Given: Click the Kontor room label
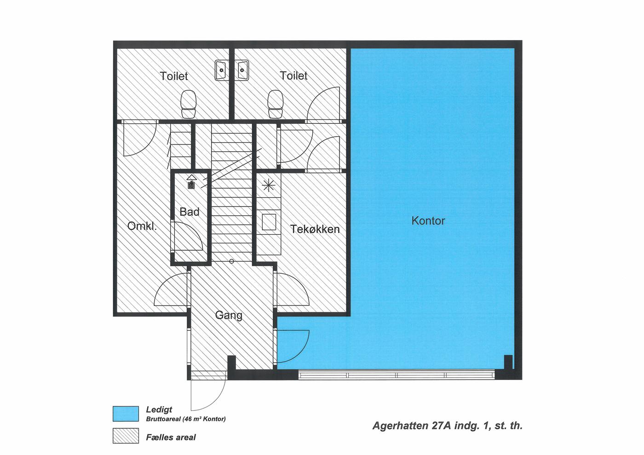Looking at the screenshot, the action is (x=428, y=220).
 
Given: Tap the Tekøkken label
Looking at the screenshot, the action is (x=315, y=229).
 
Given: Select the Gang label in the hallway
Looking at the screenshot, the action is (x=229, y=316).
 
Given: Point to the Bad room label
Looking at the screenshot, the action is (x=190, y=212).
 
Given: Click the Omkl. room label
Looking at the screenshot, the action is (x=142, y=226).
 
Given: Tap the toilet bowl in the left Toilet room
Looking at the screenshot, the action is (x=188, y=104).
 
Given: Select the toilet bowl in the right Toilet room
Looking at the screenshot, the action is (x=275, y=104).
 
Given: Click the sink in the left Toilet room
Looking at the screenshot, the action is (x=222, y=70).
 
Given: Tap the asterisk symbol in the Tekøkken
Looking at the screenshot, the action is (x=269, y=185).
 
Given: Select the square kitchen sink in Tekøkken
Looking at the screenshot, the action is (x=269, y=222).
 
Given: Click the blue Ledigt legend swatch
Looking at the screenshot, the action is (x=126, y=414).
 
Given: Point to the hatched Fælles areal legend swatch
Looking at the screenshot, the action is (x=126, y=436).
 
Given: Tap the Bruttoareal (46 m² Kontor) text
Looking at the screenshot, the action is (x=186, y=419).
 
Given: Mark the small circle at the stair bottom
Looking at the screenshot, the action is (x=231, y=261).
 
